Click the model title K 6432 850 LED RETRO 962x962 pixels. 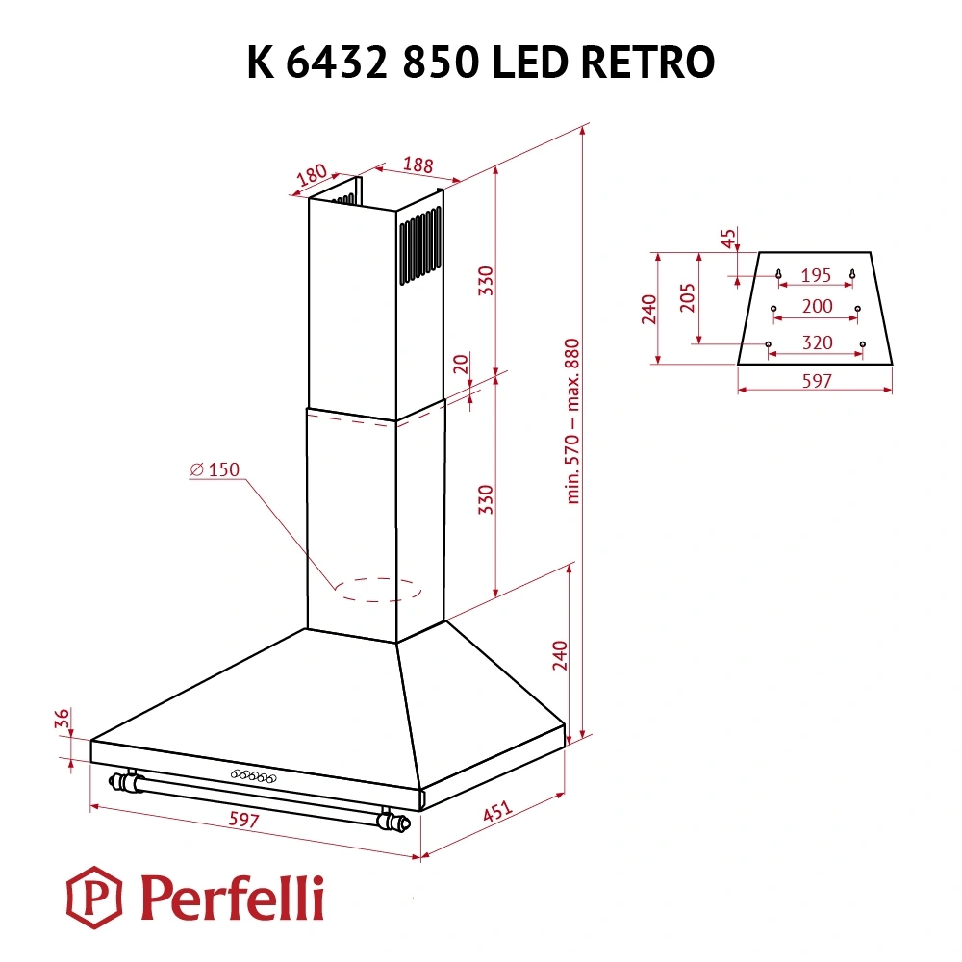[x=480, y=63]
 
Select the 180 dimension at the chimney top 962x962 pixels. [x=310, y=175]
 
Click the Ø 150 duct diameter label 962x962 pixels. [x=215, y=469]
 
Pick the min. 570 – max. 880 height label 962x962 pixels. [x=575, y=420]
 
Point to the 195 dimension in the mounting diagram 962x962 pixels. [x=816, y=276]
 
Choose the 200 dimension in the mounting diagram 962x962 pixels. [x=816, y=307]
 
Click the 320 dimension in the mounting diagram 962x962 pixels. [x=816, y=342]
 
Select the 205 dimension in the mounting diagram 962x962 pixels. [x=687, y=299]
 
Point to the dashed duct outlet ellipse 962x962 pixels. [x=377, y=590]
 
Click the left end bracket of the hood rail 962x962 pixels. [x=125, y=781]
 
